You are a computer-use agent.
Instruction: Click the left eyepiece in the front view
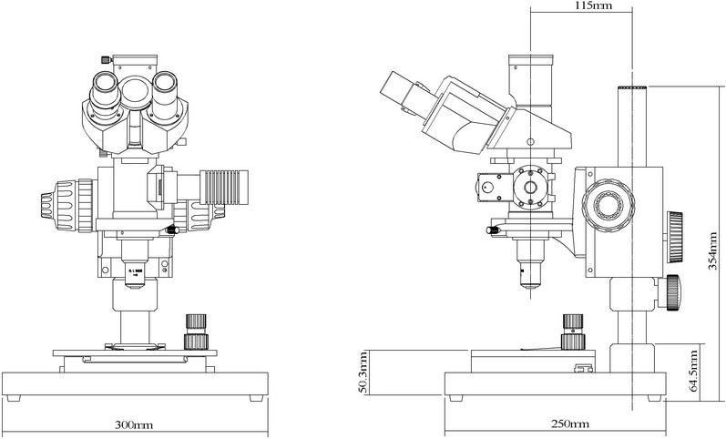106,94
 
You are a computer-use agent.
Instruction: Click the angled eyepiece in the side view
401,88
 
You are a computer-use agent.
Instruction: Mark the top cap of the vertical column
632,87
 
